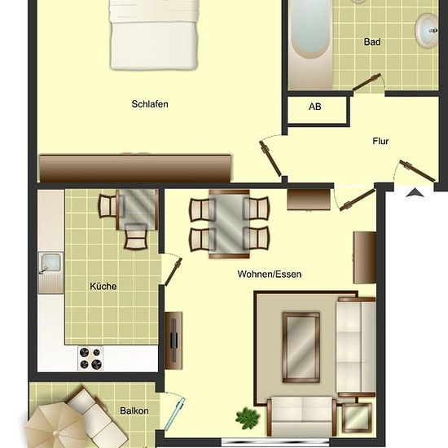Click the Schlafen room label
150,104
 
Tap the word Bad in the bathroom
372,42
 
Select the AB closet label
315,107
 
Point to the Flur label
380,141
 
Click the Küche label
103,286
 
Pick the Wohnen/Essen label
270,275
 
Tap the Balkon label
134,411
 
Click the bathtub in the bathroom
310,44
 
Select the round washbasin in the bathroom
427,30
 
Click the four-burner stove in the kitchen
90,358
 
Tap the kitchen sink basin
51,262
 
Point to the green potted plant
248,419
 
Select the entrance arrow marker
415,193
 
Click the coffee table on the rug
301,347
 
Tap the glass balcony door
175,415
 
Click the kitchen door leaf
173,272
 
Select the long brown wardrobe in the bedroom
135,169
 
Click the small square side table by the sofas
357,417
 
